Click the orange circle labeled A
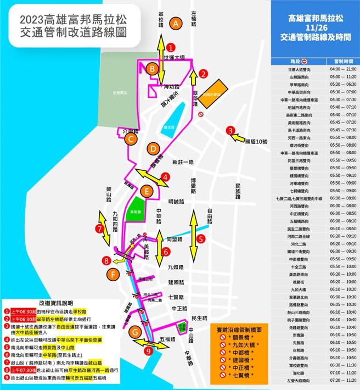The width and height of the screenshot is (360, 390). coord(176,24)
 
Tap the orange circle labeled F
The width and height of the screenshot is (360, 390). coord(113,274)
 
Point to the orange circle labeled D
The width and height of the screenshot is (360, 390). coord(153,149)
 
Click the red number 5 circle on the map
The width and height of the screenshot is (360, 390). coord(201,239)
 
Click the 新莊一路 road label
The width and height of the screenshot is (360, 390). coord(183,163)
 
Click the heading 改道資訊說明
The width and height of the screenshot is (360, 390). coord(56,302)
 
